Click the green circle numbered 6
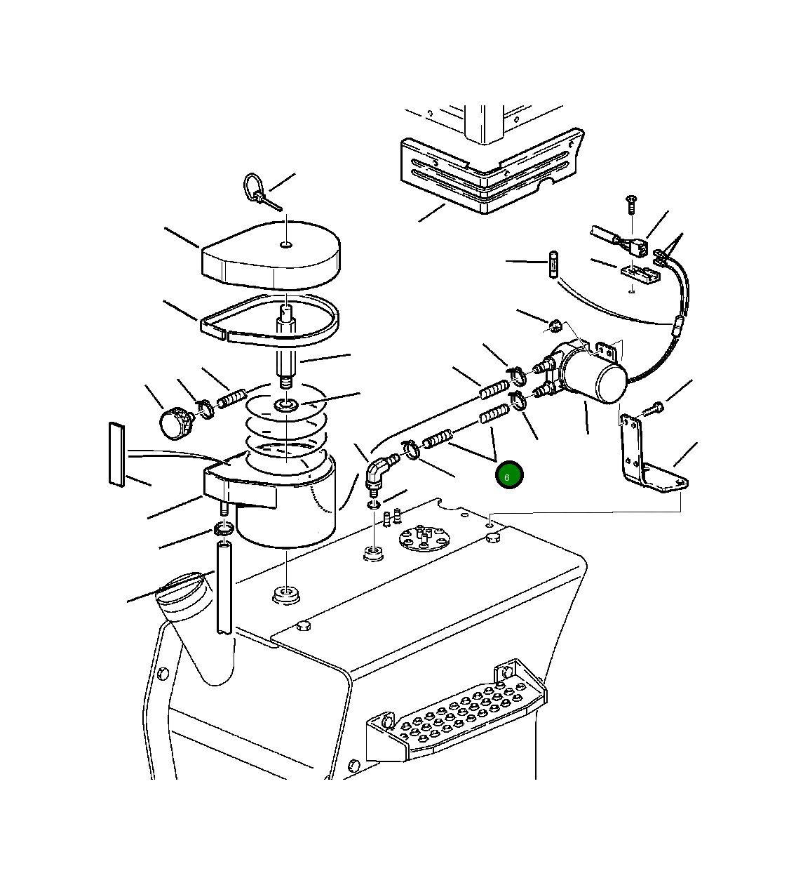click(x=509, y=474)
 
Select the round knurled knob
click(x=175, y=422)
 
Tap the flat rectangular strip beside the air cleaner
click(x=117, y=455)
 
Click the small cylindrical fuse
click(x=553, y=264)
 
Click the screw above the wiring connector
click(x=631, y=205)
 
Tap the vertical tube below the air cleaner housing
click(x=224, y=588)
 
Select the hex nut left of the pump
click(x=555, y=326)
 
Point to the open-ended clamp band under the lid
click(x=269, y=319)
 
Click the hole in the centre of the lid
click(x=286, y=244)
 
